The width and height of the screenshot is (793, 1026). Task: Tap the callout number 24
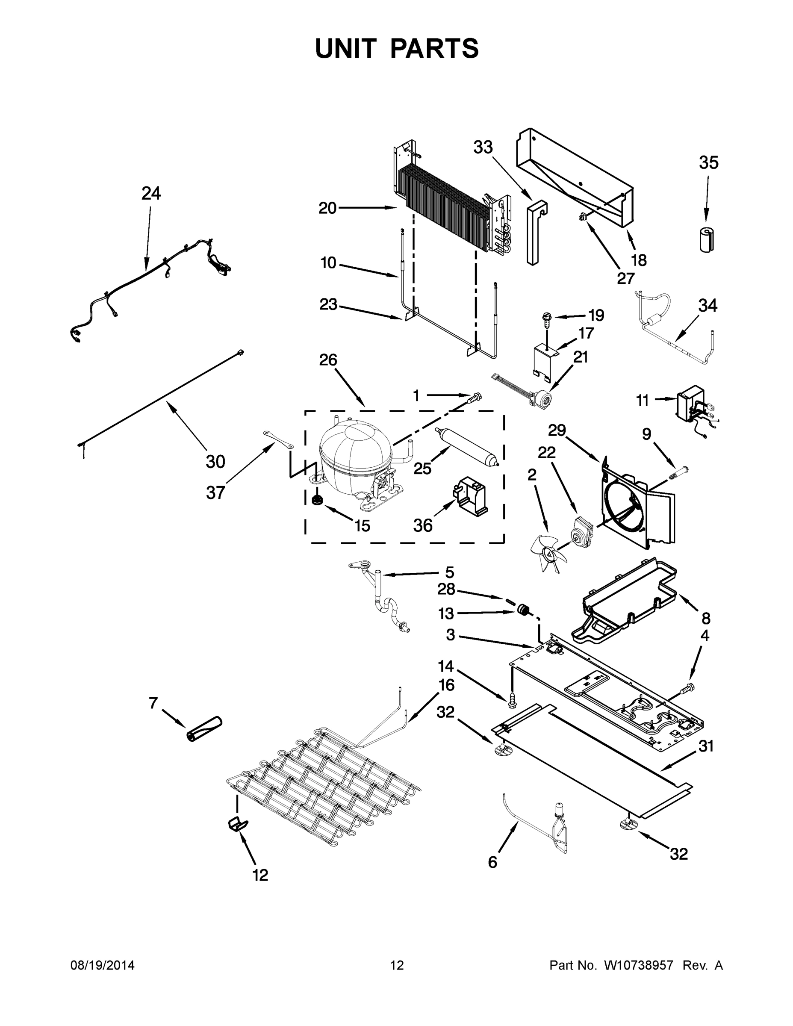[151, 193]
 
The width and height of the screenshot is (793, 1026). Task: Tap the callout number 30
[215, 462]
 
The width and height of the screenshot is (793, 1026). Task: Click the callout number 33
[483, 147]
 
